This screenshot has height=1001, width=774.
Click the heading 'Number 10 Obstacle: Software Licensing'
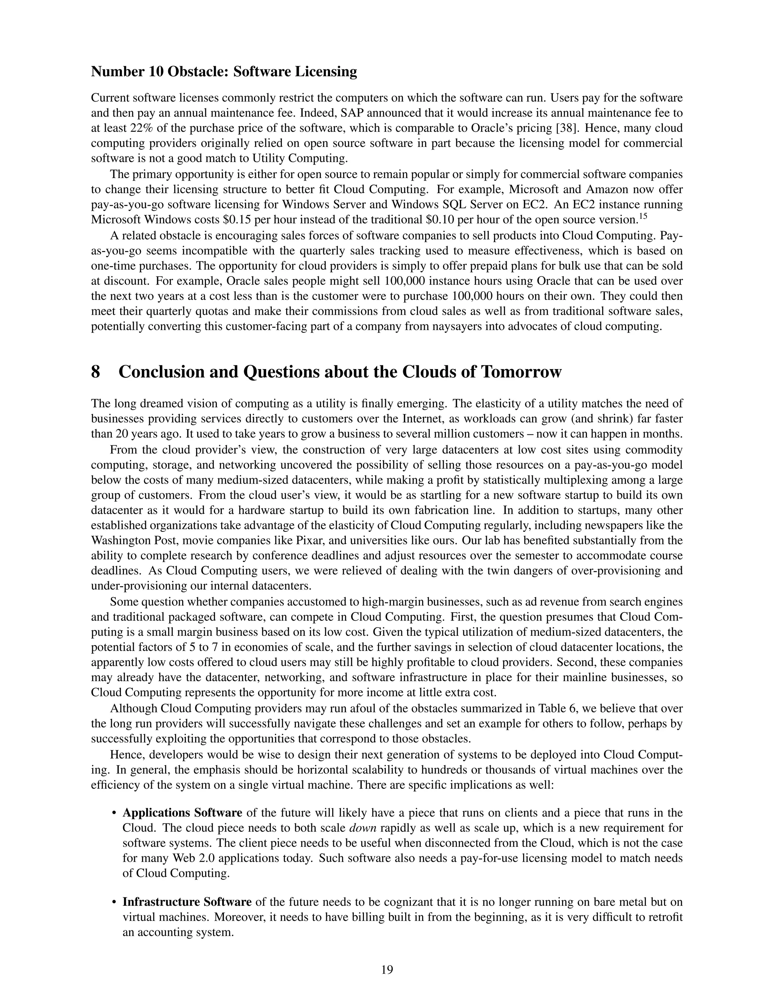point(224,72)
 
